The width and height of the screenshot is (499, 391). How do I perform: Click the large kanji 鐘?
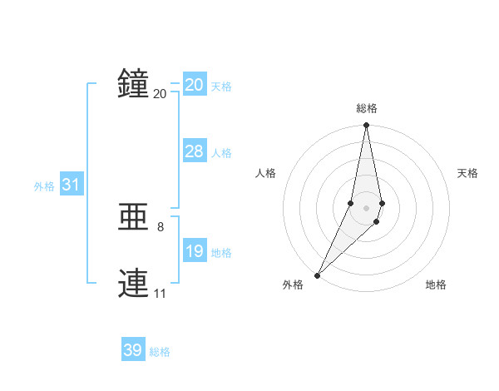click(x=133, y=84)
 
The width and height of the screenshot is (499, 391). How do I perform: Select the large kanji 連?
click(x=133, y=284)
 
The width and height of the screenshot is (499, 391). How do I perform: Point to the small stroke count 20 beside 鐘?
click(x=161, y=93)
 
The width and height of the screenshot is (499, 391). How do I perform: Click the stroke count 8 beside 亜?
click(x=161, y=226)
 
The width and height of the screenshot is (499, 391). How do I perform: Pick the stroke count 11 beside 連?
click(x=160, y=293)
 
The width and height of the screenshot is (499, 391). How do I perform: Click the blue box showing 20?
click(x=195, y=85)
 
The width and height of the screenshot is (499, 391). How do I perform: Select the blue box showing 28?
click(x=195, y=151)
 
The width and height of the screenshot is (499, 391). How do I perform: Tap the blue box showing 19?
click(x=195, y=251)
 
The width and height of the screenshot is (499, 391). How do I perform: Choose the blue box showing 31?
click(x=71, y=185)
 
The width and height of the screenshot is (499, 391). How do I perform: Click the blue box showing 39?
click(x=133, y=350)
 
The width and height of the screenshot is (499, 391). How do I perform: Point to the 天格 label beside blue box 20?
click(x=221, y=87)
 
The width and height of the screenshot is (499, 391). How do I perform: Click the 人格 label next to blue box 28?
click(x=221, y=153)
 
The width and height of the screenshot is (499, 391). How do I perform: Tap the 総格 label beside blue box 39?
click(x=160, y=352)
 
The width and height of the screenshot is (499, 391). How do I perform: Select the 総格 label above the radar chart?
click(x=367, y=108)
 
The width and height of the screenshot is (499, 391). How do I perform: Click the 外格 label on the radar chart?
click(x=293, y=285)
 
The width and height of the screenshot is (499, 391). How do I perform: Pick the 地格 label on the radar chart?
click(x=436, y=285)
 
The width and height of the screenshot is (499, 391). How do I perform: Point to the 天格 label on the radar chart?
click(x=467, y=173)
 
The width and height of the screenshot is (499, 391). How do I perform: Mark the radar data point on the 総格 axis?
click(x=367, y=126)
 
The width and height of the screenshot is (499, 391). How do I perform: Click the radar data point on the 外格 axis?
click(x=318, y=275)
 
